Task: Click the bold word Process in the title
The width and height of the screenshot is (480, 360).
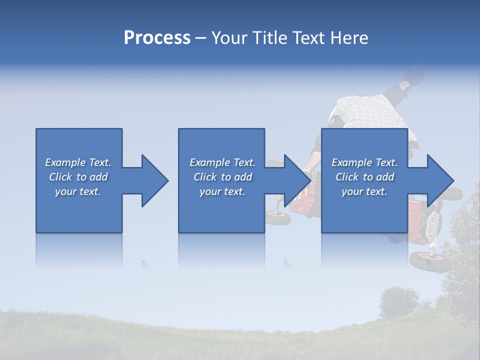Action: pos(157,38)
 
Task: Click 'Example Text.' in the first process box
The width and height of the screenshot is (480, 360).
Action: pos(78,162)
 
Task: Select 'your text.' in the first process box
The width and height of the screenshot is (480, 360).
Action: pos(78,191)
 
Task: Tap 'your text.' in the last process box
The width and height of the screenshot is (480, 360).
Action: pos(364,191)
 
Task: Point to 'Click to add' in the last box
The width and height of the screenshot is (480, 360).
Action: pos(364,177)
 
